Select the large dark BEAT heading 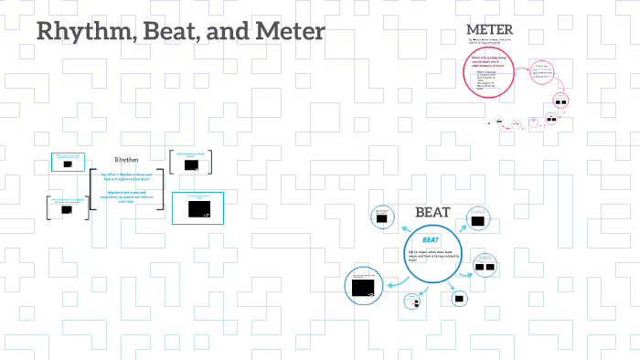click(x=432, y=212)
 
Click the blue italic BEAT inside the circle click(x=431, y=239)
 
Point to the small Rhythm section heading click(x=126, y=160)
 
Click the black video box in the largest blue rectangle click(x=198, y=209)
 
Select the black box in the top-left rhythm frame click(x=68, y=164)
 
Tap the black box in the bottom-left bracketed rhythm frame click(x=67, y=209)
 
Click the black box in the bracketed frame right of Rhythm click(x=190, y=165)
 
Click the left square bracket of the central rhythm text click(x=91, y=189)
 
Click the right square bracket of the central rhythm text click(x=163, y=189)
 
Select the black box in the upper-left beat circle click(x=381, y=217)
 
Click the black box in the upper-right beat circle click(x=476, y=221)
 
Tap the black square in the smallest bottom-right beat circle click(x=459, y=298)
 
